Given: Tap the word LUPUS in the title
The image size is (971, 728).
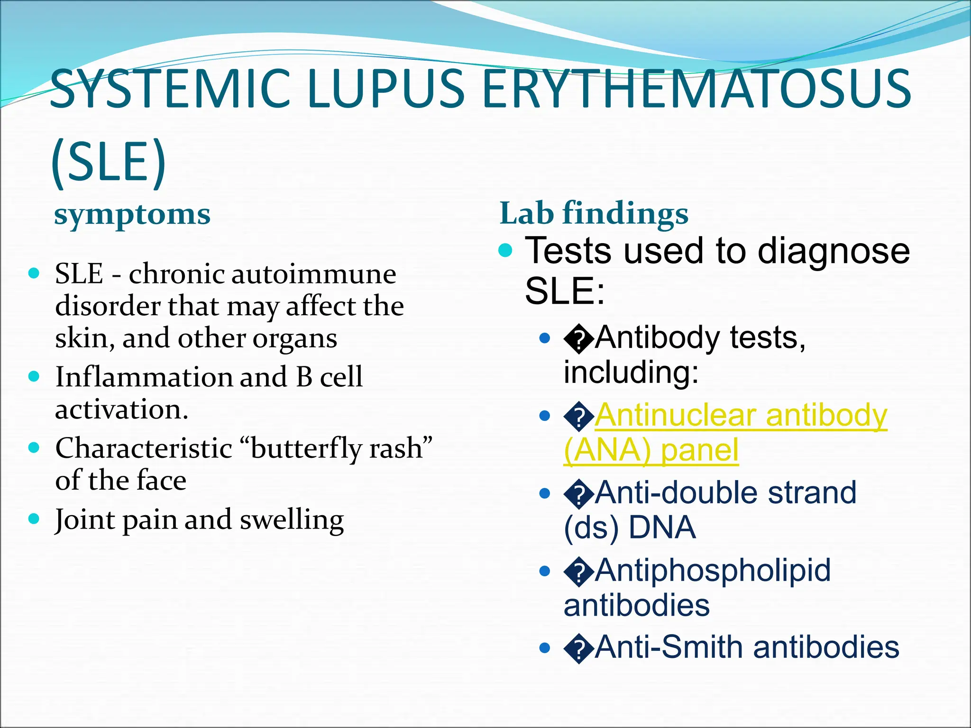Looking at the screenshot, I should (x=386, y=89).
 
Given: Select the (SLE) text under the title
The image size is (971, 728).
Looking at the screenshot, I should (x=109, y=161).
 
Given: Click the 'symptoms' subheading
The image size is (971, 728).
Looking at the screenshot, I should (x=132, y=215).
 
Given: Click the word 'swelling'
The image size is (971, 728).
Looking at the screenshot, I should (x=292, y=520).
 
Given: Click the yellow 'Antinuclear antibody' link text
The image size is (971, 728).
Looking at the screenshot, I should (x=741, y=416).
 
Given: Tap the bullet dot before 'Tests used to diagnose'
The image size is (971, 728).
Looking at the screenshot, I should (x=506, y=250).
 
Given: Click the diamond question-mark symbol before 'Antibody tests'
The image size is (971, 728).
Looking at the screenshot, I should (x=578, y=339).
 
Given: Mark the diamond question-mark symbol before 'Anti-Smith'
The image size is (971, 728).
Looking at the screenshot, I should (x=578, y=649).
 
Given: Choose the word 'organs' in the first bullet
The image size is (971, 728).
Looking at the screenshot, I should (x=294, y=338).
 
